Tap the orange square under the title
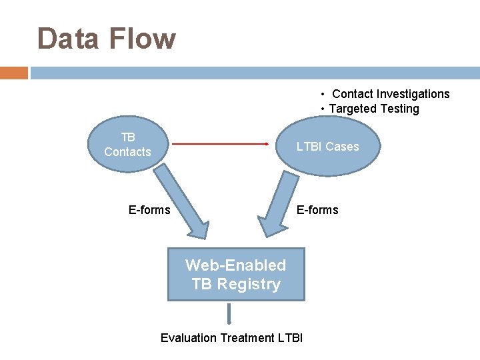point(13,73)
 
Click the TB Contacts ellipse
point(127,145)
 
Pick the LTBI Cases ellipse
point(327,147)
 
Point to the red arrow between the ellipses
point(220,143)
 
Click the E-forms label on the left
point(149,210)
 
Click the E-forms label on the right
point(317,210)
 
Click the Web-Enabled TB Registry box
point(235,275)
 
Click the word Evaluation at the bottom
point(189,338)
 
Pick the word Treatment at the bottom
point(247,338)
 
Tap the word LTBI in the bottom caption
point(290,338)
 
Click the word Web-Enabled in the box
point(235,265)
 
